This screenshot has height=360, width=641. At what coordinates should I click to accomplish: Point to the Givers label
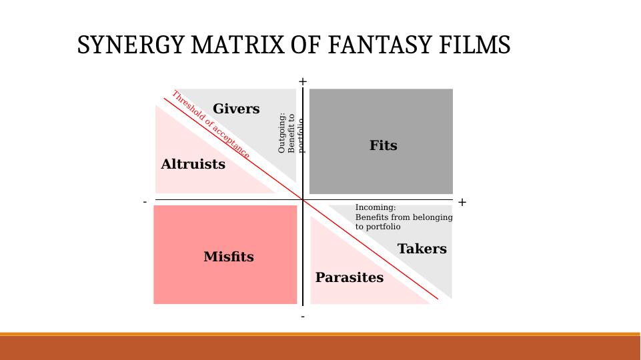tap(236, 109)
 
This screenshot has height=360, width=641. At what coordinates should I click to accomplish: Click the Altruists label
tap(193, 165)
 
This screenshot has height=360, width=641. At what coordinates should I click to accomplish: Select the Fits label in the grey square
tap(383, 145)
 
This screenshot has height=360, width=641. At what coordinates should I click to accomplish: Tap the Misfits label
tap(229, 257)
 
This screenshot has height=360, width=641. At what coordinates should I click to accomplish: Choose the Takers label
tap(422, 249)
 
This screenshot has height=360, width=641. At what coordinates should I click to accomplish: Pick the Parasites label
tap(349, 278)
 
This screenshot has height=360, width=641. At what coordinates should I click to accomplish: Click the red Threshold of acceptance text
tap(211, 125)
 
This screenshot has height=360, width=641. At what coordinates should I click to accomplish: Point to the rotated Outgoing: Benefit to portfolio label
tap(291, 133)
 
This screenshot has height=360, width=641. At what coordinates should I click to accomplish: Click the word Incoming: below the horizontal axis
tap(376, 207)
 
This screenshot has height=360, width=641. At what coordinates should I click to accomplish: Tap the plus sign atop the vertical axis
tap(303, 81)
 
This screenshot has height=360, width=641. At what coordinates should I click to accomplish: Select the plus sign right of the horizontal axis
tap(462, 202)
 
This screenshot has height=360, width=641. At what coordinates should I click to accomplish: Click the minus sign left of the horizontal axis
tap(145, 201)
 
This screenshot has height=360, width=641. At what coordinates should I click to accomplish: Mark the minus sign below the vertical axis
tap(303, 317)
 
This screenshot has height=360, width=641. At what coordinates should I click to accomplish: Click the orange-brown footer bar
tap(320, 347)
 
